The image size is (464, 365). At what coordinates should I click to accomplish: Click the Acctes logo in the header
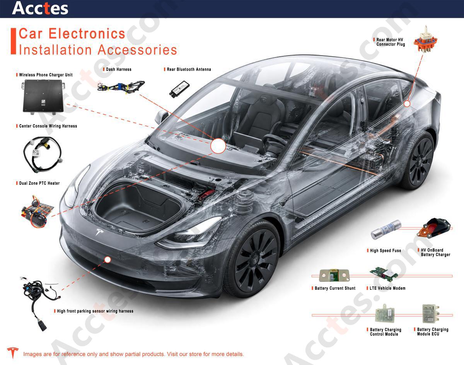tap(40, 8)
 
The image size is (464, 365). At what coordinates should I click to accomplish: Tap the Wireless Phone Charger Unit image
tap(43, 96)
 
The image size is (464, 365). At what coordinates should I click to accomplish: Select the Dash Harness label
tap(119, 69)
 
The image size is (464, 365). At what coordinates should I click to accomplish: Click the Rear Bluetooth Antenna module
tap(179, 89)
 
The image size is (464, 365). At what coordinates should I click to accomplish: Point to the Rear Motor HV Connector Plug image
tap(425, 40)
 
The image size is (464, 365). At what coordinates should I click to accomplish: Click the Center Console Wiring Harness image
tap(43, 154)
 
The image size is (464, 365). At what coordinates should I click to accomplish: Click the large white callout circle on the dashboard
tap(218, 146)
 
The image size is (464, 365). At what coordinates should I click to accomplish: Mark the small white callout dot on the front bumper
tap(107, 260)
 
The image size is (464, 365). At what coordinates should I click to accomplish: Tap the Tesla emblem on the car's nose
tap(100, 232)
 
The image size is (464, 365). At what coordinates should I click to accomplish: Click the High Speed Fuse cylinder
tap(386, 230)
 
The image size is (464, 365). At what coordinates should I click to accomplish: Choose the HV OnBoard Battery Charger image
tap(434, 228)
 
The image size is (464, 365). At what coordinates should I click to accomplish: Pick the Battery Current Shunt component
tap(334, 275)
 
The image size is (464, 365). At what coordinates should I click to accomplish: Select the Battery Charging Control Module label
tap(385, 332)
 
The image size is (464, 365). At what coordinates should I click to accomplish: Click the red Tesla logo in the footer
tap(13, 353)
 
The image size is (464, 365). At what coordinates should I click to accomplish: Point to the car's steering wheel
tap(275, 142)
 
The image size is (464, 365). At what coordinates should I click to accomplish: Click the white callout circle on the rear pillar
tap(407, 104)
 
